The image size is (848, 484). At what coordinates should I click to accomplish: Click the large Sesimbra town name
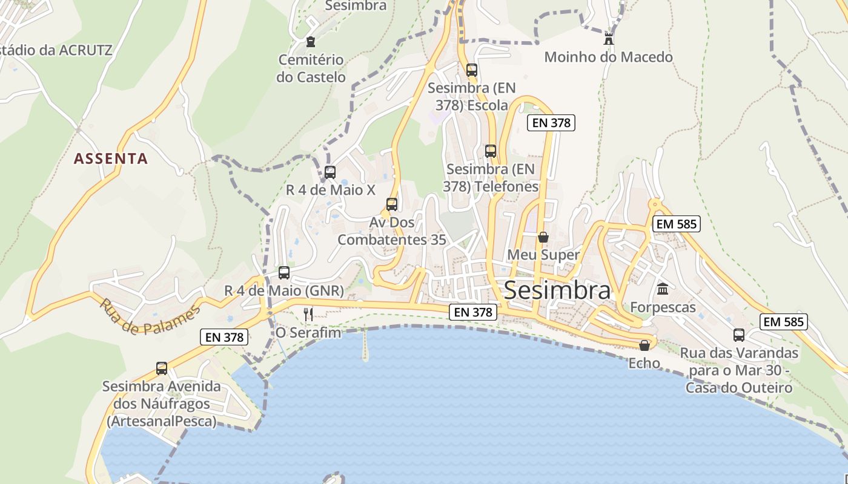(557, 290)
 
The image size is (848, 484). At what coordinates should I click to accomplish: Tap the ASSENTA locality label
(111, 159)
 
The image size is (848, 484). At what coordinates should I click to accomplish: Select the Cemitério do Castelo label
(311, 68)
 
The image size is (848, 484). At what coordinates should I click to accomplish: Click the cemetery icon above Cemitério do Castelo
(311, 42)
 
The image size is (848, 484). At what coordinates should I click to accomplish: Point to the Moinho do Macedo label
(608, 57)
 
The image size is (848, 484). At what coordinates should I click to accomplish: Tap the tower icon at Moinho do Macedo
(609, 39)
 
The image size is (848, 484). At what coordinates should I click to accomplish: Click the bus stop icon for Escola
(472, 70)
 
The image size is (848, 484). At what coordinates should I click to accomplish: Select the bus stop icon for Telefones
(491, 151)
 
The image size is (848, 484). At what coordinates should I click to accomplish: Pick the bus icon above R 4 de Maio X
(330, 172)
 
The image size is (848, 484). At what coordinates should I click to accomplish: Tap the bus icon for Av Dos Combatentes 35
(392, 204)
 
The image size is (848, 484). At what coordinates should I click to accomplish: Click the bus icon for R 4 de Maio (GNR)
(284, 272)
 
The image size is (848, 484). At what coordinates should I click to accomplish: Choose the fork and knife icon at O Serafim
(308, 314)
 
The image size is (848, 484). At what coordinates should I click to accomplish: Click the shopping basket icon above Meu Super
(543, 237)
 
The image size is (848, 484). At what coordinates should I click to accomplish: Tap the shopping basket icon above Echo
(644, 345)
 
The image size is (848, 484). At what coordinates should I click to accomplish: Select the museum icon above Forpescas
(663, 289)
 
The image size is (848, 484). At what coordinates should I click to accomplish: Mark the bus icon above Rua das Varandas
(739, 335)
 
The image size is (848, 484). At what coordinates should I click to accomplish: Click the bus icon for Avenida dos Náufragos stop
(162, 368)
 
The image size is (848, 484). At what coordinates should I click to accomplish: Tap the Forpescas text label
(663, 307)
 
